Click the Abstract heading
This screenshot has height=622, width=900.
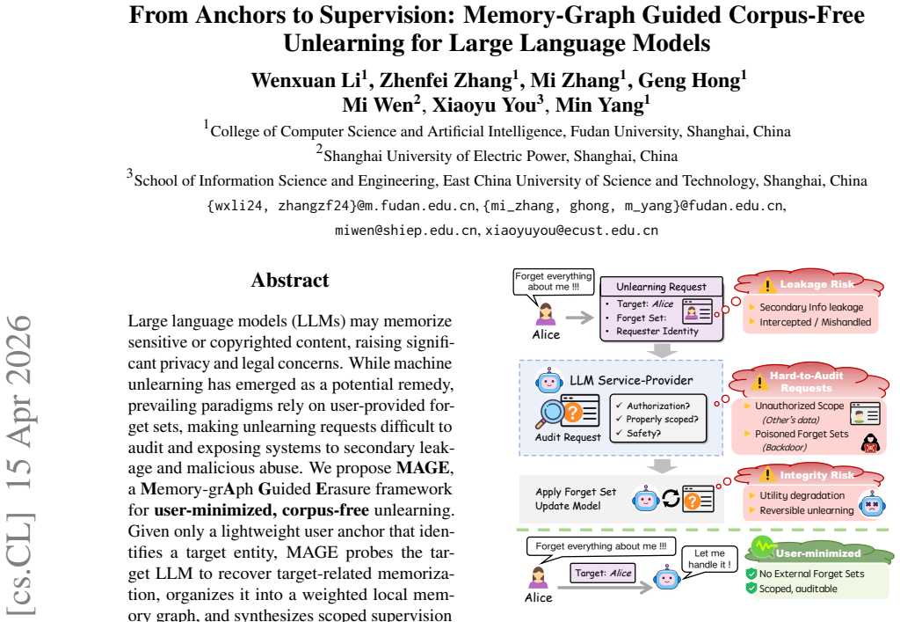coord(290,280)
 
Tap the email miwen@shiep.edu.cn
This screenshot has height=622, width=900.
coord(406,231)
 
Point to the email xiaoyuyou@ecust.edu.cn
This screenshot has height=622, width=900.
coord(571,231)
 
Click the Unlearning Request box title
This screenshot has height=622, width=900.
coord(661,286)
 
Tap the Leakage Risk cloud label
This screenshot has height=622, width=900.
coord(817,284)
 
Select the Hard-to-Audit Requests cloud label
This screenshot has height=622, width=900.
coord(807,381)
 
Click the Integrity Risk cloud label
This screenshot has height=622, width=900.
coord(817,475)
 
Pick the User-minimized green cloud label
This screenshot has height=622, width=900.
coord(818,553)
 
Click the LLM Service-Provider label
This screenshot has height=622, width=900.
coord(631,380)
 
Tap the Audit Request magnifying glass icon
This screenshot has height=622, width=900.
coord(552,413)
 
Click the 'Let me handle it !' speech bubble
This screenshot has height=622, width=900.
coord(709,559)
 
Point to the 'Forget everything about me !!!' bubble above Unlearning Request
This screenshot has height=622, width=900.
coord(554,282)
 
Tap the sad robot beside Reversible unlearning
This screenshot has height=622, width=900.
coord(873,504)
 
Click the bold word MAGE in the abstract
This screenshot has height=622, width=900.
coord(423,467)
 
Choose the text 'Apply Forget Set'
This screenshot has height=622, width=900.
coord(576,492)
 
